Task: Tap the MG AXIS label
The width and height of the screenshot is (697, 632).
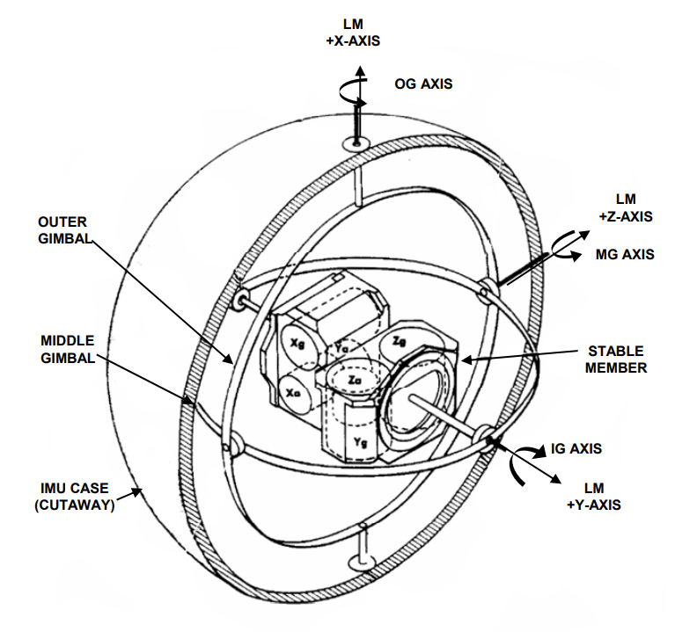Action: pyautogui.click(x=625, y=255)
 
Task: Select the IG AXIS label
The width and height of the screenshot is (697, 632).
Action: pyautogui.click(x=576, y=448)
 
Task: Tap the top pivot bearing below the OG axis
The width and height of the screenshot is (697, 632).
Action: pyautogui.click(x=356, y=142)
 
